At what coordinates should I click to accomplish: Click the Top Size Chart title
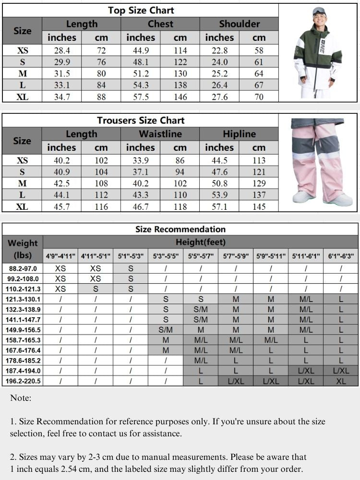(x=141, y=10)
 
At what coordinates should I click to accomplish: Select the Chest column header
(x=160, y=24)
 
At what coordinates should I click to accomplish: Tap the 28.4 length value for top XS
(x=62, y=50)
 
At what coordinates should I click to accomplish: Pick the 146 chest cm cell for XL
(x=180, y=96)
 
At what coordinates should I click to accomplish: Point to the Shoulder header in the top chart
(x=239, y=24)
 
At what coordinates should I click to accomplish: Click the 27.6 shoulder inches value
(x=219, y=96)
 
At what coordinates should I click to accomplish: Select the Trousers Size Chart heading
(x=141, y=120)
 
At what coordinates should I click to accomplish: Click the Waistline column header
(x=160, y=134)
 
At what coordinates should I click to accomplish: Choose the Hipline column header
(x=239, y=134)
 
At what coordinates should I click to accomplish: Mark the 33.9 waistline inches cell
(x=141, y=160)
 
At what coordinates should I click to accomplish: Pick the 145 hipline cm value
(x=259, y=206)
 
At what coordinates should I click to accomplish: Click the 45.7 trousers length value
(x=62, y=206)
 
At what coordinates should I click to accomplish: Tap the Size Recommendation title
(x=180, y=229)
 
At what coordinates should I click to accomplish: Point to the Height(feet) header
(x=200, y=242)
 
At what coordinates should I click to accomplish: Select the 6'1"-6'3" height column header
(x=341, y=256)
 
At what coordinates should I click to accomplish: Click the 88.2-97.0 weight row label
(x=23, y=268)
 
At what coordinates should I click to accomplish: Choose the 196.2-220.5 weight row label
(x=23, y=381)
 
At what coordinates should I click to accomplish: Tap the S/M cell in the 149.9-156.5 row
(x=166, y=330)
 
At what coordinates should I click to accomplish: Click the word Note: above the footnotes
(x=21, y=398)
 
